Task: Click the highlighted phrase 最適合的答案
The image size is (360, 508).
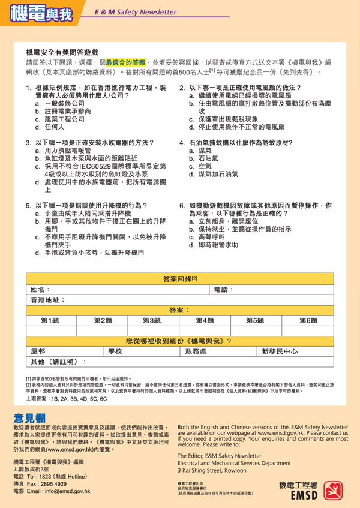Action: tap(125, 62)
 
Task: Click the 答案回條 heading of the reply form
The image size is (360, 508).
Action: tap(179, 279)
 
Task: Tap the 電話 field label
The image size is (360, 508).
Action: tap(223, 290)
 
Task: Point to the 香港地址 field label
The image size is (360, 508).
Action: tap(48, 300)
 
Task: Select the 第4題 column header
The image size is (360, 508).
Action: tap(205, 321)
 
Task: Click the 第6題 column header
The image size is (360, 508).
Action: tap(308, 321)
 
